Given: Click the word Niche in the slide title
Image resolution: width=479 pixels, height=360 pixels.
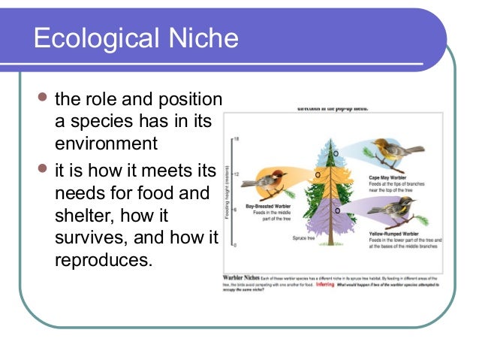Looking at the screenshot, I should pyautogui.click(x=206, y=38).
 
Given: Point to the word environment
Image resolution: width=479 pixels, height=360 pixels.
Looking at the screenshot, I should pyautogui.click(x=106, y=144).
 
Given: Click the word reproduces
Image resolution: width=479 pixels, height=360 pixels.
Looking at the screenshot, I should pyautogui.click(x=103, y=261).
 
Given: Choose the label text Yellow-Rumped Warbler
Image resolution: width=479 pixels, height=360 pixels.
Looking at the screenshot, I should pyautogui.click(x=396, y=234).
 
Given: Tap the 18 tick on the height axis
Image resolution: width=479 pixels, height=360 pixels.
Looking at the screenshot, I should pyautogui.click(x=236, y=140).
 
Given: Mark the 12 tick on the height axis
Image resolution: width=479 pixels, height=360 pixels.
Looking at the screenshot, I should pyautogui.click(x=236, y=174).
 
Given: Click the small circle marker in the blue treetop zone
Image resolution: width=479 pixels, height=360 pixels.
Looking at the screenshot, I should pyautogui.click(x=336, y=153).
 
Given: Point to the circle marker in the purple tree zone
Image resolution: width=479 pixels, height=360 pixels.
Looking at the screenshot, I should pyautogui.click(x=337, y=210).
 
